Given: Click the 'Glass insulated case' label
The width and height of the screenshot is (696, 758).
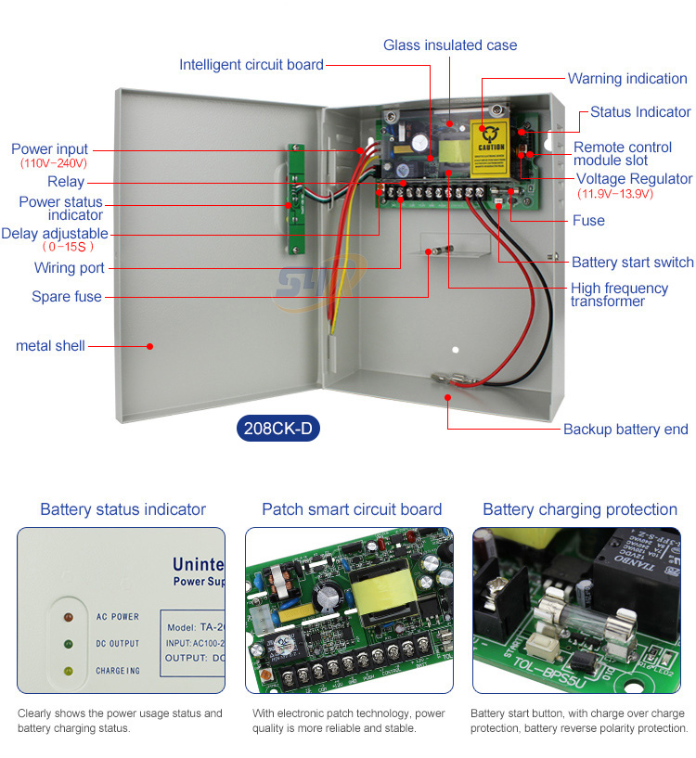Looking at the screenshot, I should point(450,45).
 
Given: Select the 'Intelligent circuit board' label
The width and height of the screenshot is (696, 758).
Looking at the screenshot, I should point(251,65).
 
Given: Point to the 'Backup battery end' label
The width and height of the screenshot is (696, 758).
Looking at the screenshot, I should point(625,429).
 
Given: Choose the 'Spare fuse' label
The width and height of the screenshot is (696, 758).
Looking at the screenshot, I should point(67,297).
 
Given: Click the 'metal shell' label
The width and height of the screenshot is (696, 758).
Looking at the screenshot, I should point(50,346).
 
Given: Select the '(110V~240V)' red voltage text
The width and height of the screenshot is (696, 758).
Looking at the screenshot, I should point(54,163).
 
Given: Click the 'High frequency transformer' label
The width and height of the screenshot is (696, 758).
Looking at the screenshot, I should point(619,294).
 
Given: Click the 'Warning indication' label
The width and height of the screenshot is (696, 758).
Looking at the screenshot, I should point(627,79).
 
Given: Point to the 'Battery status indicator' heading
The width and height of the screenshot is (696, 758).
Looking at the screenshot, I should point(122,509).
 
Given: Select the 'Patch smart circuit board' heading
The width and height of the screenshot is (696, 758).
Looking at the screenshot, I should point(352,509).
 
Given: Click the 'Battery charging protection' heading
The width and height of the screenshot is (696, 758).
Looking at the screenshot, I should point(580,509).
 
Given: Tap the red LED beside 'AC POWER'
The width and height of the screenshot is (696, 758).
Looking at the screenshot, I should point(67,616).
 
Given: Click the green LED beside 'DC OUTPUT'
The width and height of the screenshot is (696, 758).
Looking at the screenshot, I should point(67,643).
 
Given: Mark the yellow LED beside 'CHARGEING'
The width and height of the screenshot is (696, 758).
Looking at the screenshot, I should point(67,670).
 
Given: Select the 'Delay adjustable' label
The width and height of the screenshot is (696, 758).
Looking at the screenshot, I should point(55,234).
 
